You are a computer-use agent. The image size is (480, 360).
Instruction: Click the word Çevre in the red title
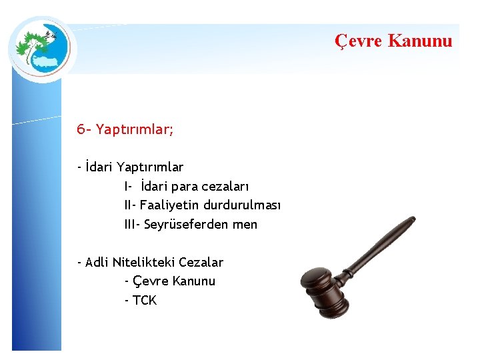[x=358, y=41]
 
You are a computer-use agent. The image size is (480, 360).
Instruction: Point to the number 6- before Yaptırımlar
[x=85, y=129]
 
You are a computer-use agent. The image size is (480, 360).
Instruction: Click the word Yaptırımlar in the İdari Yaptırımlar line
[x=150, y=167]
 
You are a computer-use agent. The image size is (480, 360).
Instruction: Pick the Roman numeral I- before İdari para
[x=129, y=186]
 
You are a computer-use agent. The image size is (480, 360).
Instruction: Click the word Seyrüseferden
[x=187, y=225]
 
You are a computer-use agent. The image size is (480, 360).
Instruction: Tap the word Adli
[x=97, y=262]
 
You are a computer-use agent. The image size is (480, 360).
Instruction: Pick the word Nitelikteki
[x=143, y=262]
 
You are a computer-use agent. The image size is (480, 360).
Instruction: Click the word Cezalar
[x=201, y=262]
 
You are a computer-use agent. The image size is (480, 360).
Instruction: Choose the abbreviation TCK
[x=145, y=301]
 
